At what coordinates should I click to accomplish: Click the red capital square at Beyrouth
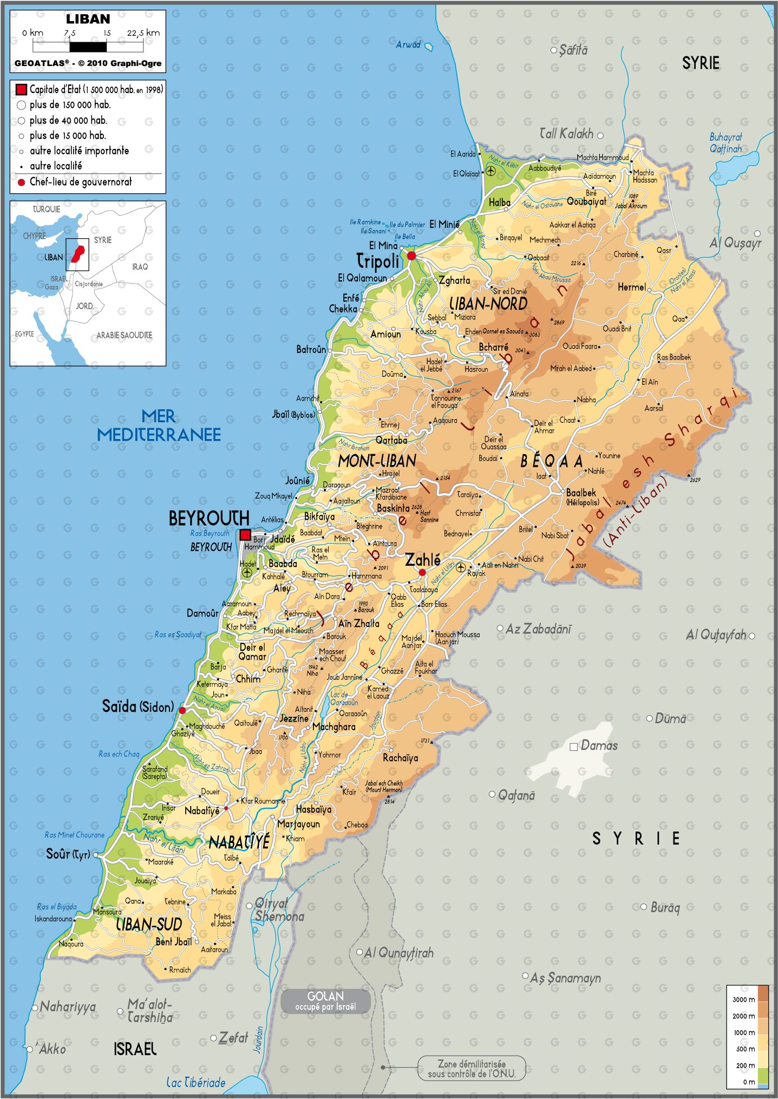pos(245,535)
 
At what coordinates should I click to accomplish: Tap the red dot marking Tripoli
pos(411,256)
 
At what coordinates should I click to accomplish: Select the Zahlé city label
pos(423,559)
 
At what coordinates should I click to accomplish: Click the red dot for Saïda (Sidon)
pos(182,710)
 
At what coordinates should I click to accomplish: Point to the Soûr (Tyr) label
pos(68,854)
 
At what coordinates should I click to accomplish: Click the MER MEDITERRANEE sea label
pos(159,426)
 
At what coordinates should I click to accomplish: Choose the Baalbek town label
pos(581,493)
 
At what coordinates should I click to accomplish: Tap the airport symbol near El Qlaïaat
pos(491,172)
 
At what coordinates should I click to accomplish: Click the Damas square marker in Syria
pos(573,747)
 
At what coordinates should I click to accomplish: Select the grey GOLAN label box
pos(325,1001)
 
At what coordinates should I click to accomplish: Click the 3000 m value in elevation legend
pos(743,999)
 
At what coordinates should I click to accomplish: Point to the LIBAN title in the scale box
pos(88,19)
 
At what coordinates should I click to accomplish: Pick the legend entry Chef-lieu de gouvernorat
pos(80,182)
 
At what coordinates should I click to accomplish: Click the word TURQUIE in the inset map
pos(47,209)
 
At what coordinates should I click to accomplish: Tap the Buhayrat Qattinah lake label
pos(725,143)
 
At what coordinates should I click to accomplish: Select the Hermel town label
pos(631,287)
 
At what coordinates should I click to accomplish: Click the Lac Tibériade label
pos(195,1083)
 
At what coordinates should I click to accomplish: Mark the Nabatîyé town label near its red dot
pos(202,810)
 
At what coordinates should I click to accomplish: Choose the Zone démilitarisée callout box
pos(472,1069)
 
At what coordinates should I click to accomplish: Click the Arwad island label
pos(408,45)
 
